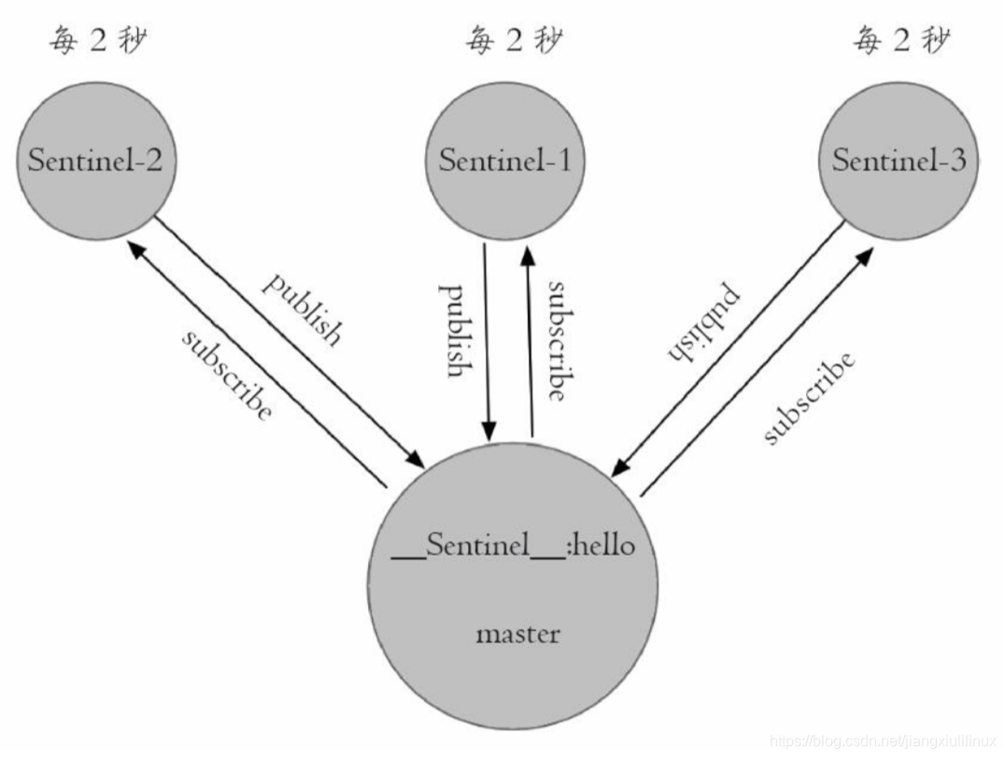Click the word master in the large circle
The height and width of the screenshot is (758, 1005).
point(517,635)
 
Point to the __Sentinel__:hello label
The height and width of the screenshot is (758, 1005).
point(513,545)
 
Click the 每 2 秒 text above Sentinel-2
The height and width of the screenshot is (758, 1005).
point(97,42)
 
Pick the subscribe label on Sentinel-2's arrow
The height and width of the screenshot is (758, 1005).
point(227,372)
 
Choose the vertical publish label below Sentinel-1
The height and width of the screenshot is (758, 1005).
point(455,330)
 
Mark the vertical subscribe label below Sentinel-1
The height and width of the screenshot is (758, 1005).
point(558,340)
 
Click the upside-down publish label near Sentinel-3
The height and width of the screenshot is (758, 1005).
point(703,321)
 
